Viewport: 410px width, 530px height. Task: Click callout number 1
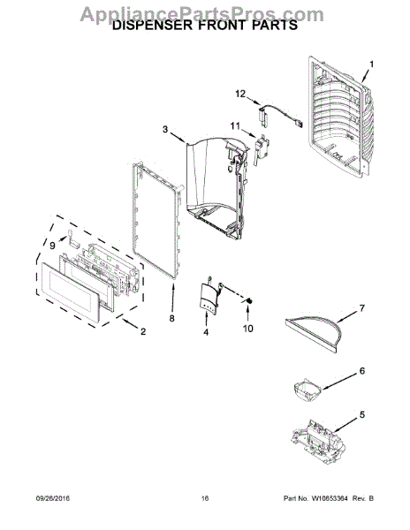click(x=372, y=64)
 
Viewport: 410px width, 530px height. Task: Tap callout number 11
click(x=236, y=125)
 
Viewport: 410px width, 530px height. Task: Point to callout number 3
click(x=164, y=130)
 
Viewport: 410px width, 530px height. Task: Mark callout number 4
click(x=207, y=332)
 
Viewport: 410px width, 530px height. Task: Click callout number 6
click(x=361, y=372)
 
